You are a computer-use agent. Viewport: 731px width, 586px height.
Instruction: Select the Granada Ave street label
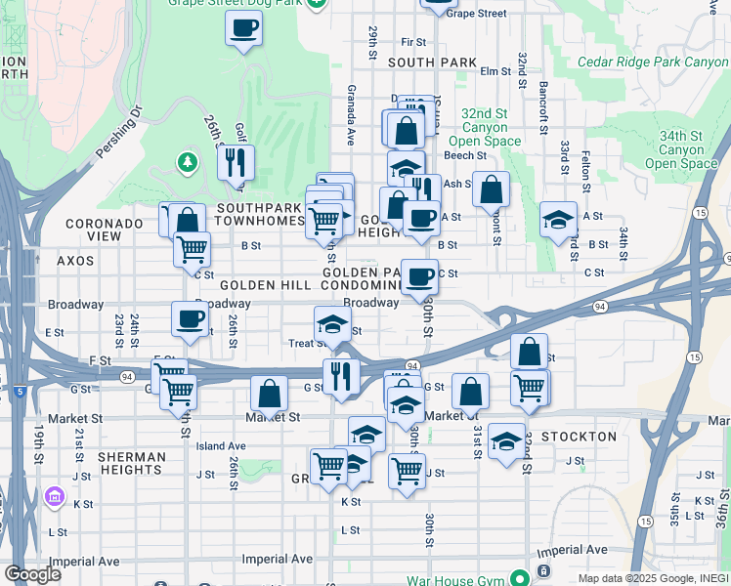point(349,115)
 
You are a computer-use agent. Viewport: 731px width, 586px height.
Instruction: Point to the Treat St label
point(308,344)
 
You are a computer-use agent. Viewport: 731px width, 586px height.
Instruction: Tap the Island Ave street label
point(219,446)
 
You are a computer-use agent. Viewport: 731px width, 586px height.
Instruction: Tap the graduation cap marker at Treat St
point(331,323)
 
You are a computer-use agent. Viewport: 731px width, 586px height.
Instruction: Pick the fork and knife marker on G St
point(341,375)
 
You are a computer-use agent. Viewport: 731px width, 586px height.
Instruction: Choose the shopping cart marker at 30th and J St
point(407,470)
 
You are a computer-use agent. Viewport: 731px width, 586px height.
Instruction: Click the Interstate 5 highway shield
point(20,392)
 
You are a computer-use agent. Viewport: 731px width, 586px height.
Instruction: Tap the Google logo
point(31,573)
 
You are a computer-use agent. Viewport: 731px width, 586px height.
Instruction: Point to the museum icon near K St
point(53,501)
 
